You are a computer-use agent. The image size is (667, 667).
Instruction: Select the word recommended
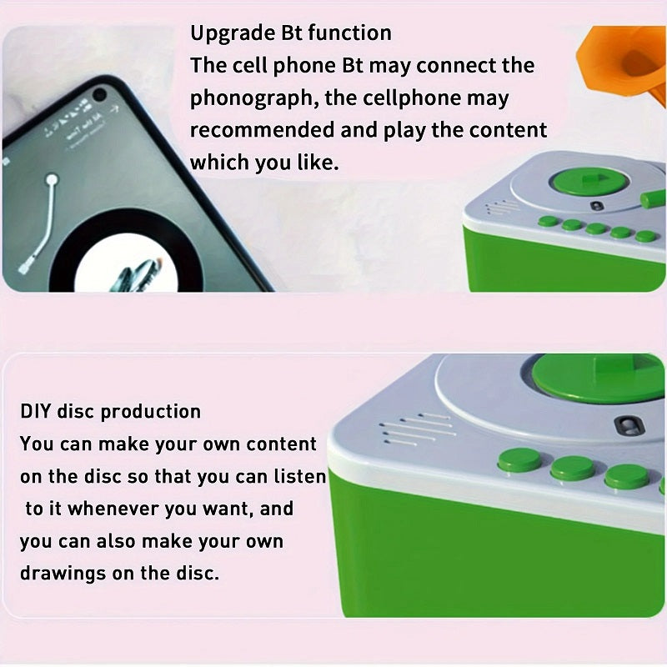pos(262,130)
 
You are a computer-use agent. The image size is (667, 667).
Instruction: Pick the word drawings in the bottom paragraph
pos(63,574)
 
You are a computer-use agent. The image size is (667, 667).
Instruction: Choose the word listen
pos(300,476)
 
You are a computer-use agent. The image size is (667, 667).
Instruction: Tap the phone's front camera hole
pos(99,94)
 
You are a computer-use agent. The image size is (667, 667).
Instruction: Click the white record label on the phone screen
pos(127,263)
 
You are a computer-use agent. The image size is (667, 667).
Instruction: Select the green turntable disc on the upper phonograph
pos(591,180)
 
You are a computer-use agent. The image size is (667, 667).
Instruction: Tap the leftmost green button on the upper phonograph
pos(549,221)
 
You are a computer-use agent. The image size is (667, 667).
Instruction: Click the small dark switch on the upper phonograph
pos(598,206)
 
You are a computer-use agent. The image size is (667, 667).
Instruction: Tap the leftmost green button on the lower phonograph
pos(519,460)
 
